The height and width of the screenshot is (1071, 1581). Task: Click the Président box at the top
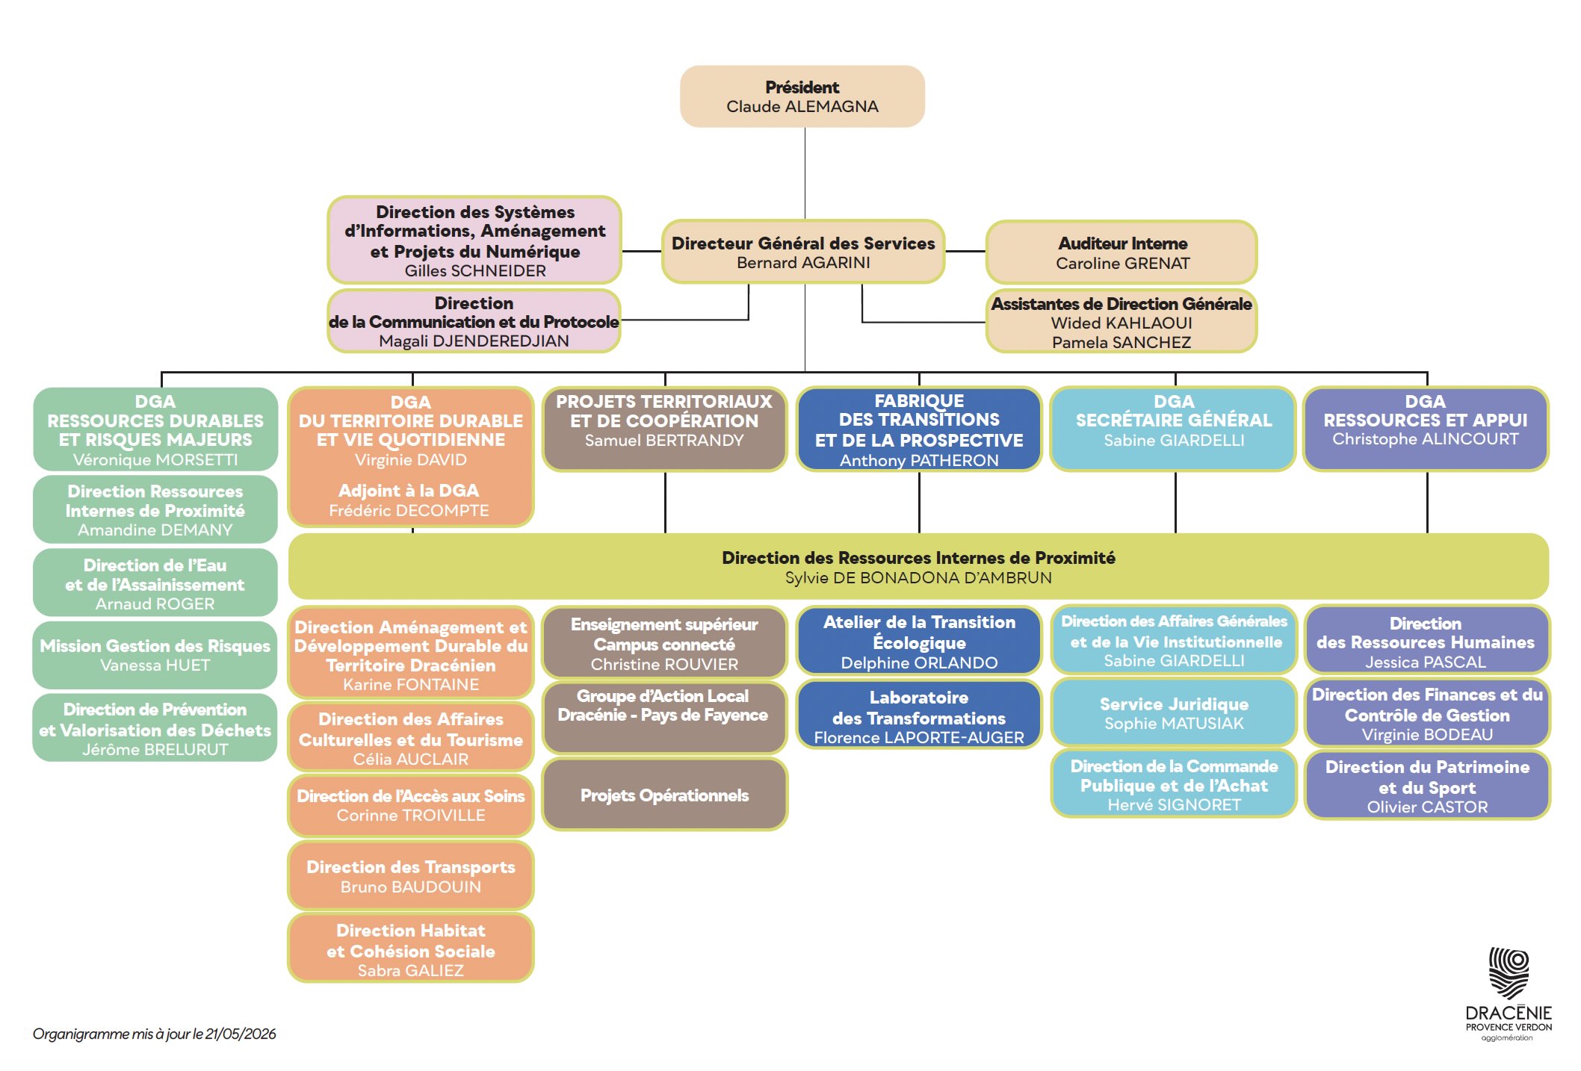[x=802, y=96]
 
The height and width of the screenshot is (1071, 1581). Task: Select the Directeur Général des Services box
[x=803, y=252]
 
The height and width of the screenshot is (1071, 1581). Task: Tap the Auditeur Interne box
[x=1121, y=252]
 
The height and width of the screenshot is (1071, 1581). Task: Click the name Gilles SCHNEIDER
[x=475, y=270]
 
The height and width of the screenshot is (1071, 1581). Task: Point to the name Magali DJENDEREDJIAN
[x=474, y=341]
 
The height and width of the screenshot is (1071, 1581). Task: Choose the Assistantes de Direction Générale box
[x=1121, y=321]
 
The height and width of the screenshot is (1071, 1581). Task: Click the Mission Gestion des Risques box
[x=155, y=655]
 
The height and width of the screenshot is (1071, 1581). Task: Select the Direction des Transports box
[x=411, y=876]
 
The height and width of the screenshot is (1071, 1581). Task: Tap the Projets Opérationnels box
[x=664, y=795]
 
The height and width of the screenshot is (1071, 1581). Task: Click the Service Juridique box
[x=1174, y=713]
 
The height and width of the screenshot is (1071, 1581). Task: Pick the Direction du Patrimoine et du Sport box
[x=1427, y=786]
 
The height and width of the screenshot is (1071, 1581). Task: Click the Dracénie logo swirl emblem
[x=1509, y=972]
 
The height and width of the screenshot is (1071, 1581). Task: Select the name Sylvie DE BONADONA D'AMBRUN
[x=918, y=577]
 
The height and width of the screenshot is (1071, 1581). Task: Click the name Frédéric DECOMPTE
[x=409, y=510]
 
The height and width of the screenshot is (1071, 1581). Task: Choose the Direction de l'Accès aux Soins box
[x=411, y=805]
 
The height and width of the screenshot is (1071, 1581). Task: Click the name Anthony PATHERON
[x=919, y=460]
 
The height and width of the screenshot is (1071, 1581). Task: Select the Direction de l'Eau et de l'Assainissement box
[x=155, y=583]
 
